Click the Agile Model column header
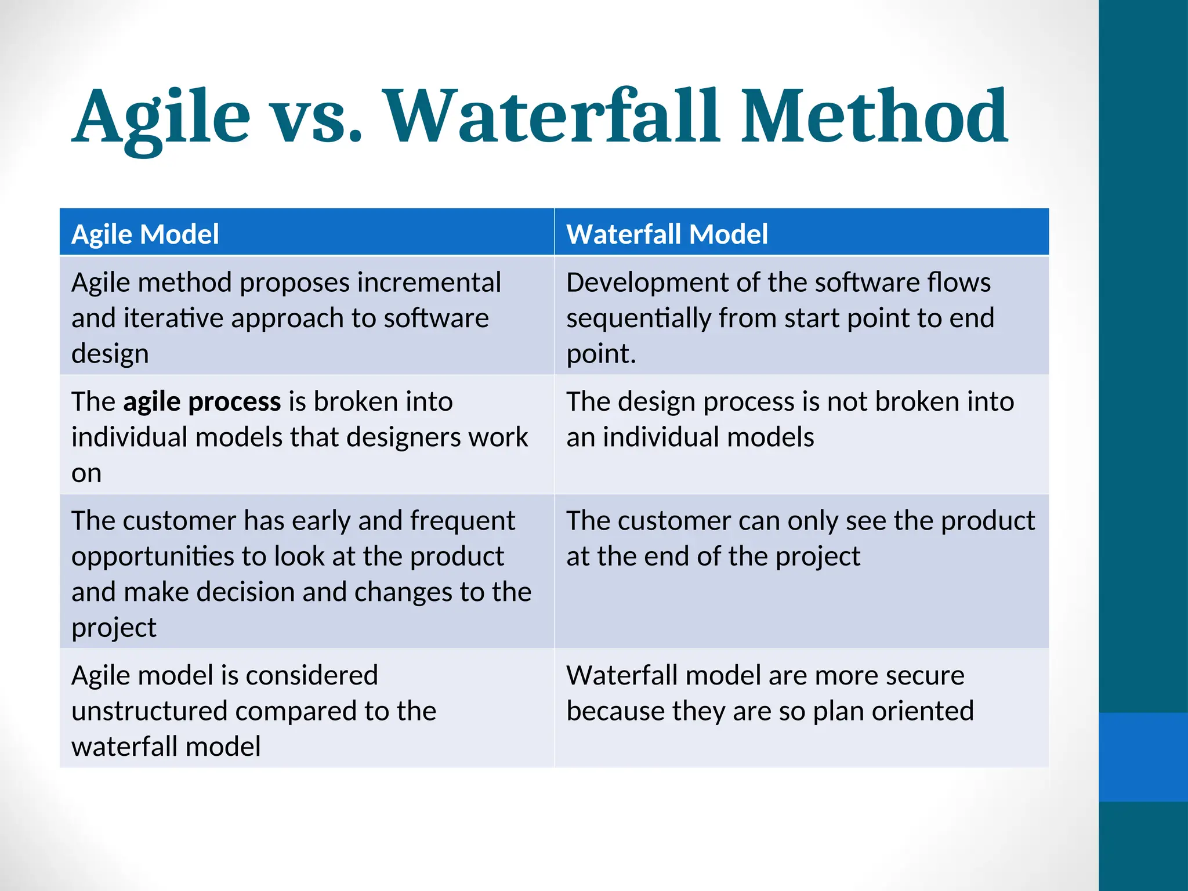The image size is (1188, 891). (x=145, y=234)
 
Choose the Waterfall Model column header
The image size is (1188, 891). (x=667, y=234)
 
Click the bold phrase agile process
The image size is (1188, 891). (x=202, y=401)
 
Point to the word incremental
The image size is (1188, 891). (x=429, y=282)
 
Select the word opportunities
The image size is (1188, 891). (x=152, y=556)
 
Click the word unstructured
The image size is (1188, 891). (x=148, y=711)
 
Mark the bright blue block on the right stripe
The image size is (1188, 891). (x=1143, y=757)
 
